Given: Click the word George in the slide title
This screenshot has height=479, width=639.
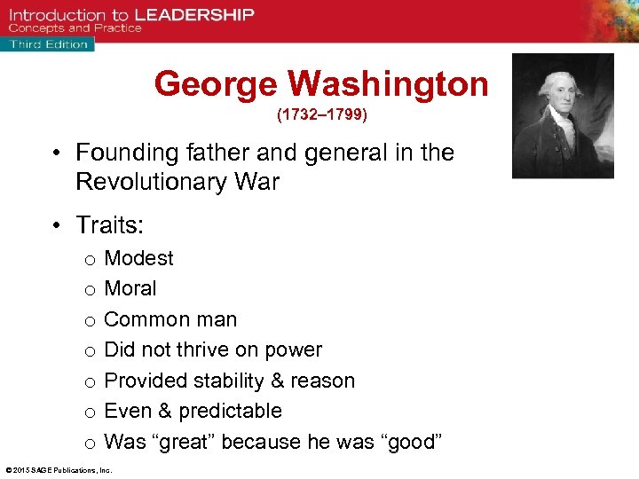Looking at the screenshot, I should click(x=217, y=84).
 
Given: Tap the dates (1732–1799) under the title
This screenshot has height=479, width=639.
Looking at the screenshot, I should click(x=321, y=115).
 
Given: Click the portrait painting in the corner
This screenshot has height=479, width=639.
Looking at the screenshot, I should click(x=563, y=115).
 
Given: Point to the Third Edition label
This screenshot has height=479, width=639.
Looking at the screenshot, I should click(x=49, y=43).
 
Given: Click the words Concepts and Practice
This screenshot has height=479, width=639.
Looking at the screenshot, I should click(x=75, y=28).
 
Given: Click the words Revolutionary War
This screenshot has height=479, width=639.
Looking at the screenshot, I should click(x=177, y=182).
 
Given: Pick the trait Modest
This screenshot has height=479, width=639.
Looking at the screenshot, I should click(x=138, y=258).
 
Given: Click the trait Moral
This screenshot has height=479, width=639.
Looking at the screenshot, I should click(x=130, y=288).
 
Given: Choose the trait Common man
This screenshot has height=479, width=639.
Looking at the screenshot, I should click(x=170, y=319).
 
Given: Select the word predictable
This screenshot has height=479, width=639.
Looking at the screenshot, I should click(x=230, y=411).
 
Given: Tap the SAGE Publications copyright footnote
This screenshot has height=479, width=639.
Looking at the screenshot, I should click(x=56, y=470).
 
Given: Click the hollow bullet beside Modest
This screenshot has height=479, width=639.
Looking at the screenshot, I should click(x=90, y=259).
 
